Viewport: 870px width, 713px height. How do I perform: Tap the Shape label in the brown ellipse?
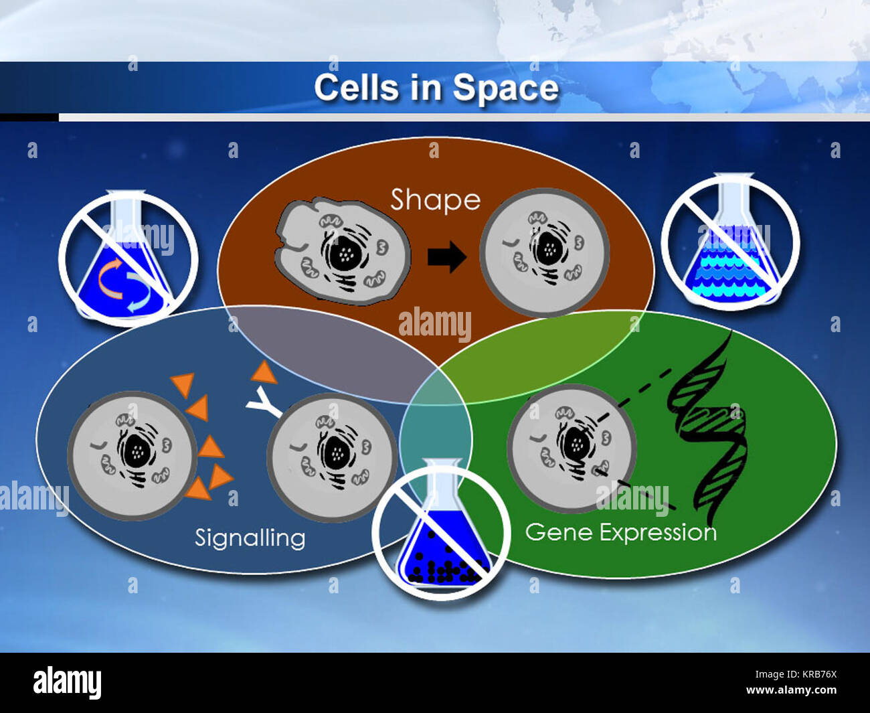(x=435, y=200)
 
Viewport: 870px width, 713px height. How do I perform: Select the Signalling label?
(x=250, y=538)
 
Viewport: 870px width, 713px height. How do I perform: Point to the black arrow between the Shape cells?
(x=446, y=256)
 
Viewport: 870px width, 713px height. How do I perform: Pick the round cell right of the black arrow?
(x=545, y=252)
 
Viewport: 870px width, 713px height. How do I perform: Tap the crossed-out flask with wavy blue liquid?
(x=730, y=242)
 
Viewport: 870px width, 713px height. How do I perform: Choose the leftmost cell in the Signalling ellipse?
(x=132, y=455)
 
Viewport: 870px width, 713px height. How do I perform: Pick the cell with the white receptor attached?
(x=331, y=457)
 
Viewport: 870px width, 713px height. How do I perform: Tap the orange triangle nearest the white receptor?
(x=264, y=372)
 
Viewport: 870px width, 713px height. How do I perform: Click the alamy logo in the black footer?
(x=67, y=682)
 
